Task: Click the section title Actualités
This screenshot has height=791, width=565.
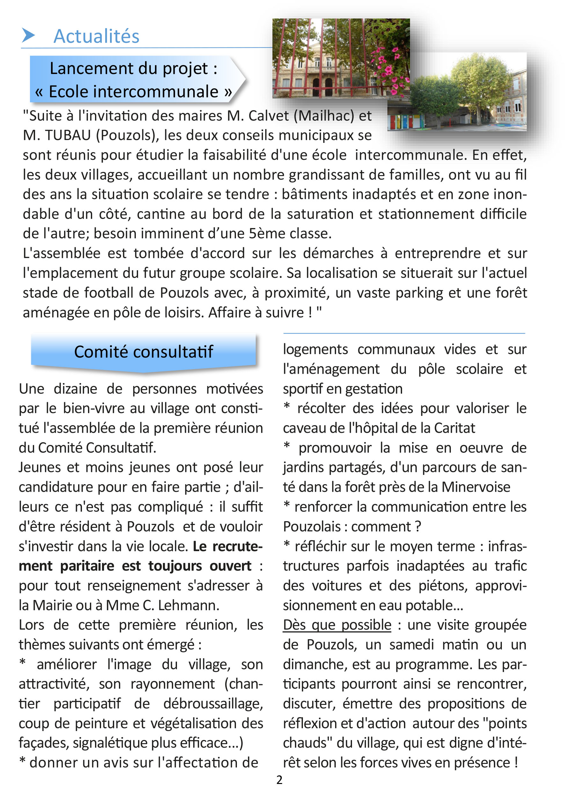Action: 96,36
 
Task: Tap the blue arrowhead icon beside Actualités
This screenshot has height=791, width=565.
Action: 28,35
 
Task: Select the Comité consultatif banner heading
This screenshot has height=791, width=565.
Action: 143,351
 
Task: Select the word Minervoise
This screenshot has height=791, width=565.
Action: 476,487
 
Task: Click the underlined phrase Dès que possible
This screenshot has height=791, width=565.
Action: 337,625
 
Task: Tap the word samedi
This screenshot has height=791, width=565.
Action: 411,645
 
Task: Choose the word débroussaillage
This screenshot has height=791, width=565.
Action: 213,704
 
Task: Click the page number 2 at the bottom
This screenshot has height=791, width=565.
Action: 279,780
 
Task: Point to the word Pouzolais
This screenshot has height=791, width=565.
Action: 312,527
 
